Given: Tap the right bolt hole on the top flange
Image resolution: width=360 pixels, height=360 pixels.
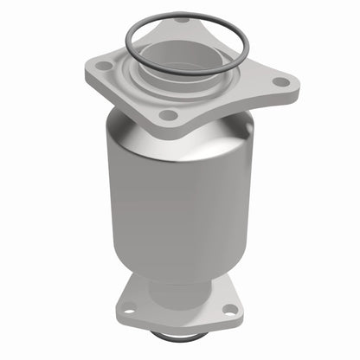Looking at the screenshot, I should [281, 82].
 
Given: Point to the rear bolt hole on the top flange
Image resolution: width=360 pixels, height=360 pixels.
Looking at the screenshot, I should [183, 20].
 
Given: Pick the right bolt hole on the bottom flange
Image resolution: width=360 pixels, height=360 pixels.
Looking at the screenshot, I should [230, 309].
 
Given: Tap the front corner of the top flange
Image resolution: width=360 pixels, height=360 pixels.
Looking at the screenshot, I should [167, 127].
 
